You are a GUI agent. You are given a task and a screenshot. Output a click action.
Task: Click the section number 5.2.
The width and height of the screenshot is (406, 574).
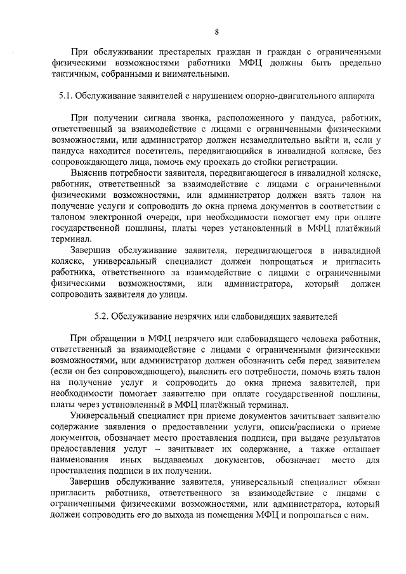[x=102, y=315]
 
